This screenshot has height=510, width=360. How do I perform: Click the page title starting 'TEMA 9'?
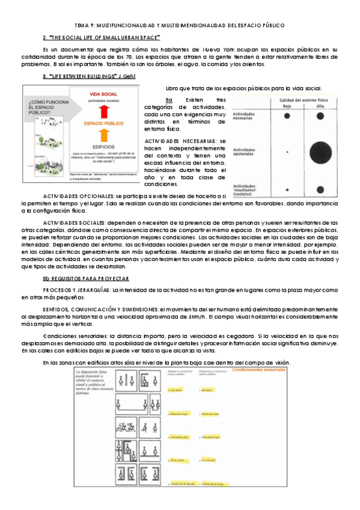click(180, 25)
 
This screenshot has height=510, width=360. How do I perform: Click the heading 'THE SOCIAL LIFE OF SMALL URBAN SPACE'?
click(102, 37)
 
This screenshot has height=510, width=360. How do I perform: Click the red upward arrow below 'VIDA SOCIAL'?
click(103, 110)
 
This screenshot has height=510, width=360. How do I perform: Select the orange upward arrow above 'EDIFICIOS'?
click(103, 136)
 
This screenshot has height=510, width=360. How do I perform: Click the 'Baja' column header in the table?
click(287, 106)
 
